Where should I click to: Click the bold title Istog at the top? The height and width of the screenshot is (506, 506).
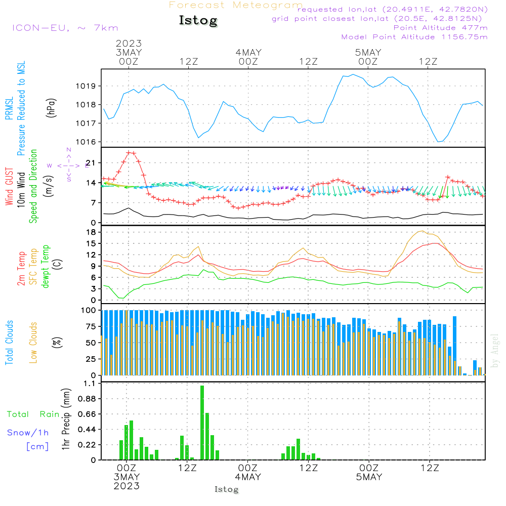point(198,21)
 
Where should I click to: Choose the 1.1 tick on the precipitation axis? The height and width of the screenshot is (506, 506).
point(90,384)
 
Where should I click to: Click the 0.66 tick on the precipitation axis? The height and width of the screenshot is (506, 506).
point(87,414)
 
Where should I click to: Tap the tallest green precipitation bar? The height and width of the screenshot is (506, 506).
point(202,423)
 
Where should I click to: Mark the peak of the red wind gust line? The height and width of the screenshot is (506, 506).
point(131,152)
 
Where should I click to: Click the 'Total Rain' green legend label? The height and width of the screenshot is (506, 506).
point(33,414)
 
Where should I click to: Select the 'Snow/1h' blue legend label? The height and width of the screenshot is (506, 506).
point(28,433)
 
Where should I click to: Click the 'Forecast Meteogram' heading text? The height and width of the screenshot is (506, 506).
point(236,6)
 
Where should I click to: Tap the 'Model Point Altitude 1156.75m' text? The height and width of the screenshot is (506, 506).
point(414,37)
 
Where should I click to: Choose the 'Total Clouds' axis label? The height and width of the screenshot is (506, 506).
point(9,343)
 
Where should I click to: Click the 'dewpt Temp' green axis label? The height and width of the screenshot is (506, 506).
point(46,267)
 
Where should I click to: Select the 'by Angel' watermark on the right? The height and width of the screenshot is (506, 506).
point(495,351)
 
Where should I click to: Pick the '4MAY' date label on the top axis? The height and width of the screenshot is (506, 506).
point(248,53)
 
